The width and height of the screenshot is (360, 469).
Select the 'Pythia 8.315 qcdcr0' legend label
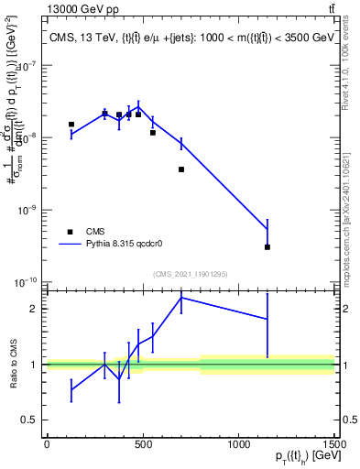click(x=125, y=245)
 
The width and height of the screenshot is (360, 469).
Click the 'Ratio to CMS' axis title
click(x=11, y=364)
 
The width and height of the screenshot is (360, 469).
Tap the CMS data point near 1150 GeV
click(x=267, y=246)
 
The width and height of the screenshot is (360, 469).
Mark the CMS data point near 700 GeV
click(x=181, y=169)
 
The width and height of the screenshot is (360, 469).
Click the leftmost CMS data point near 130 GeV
click(x=71, y=124)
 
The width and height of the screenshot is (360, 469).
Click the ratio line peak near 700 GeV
click(x=181, y=297)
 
